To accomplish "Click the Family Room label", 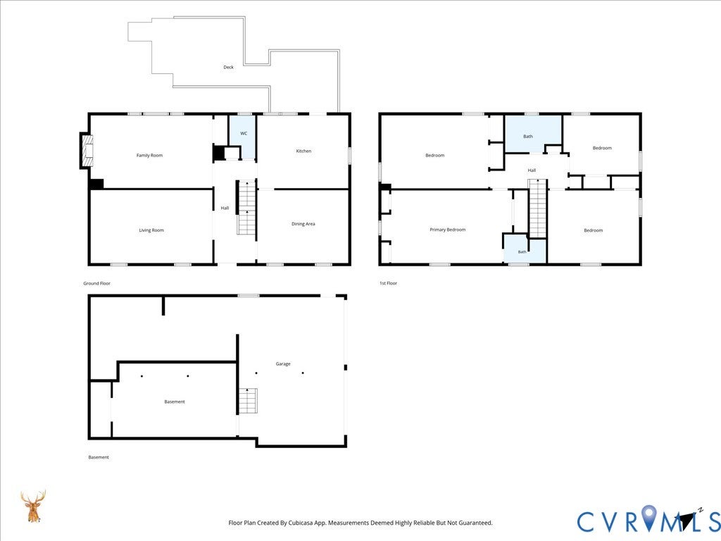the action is tap(149, 156).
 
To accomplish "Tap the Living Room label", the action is tap(151, 230).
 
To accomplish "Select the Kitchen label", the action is tap(303, 151).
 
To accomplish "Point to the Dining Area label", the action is tap(303, 224).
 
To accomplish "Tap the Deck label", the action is tap(229, 67).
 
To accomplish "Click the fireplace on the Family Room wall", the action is tap(87, 151).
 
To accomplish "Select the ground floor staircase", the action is tap(246, 208).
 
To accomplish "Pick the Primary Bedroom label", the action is tap(447, 230).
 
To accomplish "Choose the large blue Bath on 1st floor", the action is tap(534, 134).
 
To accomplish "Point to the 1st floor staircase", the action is tap(538, 209).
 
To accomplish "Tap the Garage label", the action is tap(283, 364).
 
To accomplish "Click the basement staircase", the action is tap(248, 401).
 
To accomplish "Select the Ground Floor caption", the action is tap(96, 283).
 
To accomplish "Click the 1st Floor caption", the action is tap(388, 283).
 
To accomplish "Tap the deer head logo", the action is tap(33, 506).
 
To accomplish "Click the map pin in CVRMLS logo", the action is tap(649, 517).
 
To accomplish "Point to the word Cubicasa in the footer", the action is tap(296, 523).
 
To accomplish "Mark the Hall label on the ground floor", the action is tap(225, 208).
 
